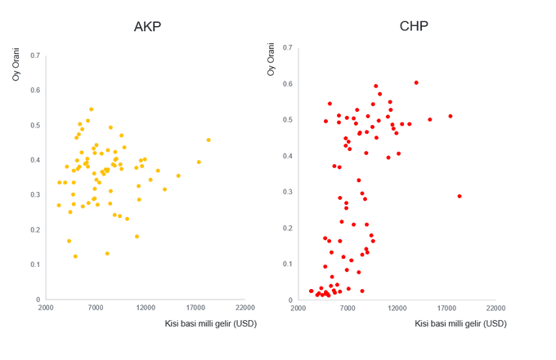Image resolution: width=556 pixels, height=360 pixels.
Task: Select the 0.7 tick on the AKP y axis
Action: (x=35, y=56)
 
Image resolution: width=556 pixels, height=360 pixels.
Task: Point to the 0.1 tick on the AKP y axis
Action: (x=35, y=264)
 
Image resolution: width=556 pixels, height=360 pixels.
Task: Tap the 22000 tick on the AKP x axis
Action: (x=245, y=307)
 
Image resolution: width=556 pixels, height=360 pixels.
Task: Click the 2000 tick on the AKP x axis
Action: (x=46, y=307)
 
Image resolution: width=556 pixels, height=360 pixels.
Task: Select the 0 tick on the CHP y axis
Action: (x=289, y=300)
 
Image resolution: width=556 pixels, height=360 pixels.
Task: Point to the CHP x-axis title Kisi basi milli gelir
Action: (x=460, y=323)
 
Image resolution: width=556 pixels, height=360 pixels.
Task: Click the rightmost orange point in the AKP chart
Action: (x=208, y=140)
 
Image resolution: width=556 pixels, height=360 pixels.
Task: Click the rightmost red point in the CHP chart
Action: (x=460, y=196)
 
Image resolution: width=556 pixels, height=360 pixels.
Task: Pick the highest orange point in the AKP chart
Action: (x=91, y=109)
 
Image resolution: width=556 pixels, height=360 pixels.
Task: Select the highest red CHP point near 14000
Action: (x=416, y=82)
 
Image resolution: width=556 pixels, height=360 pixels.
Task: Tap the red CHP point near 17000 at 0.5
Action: (x=450, y=116)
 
